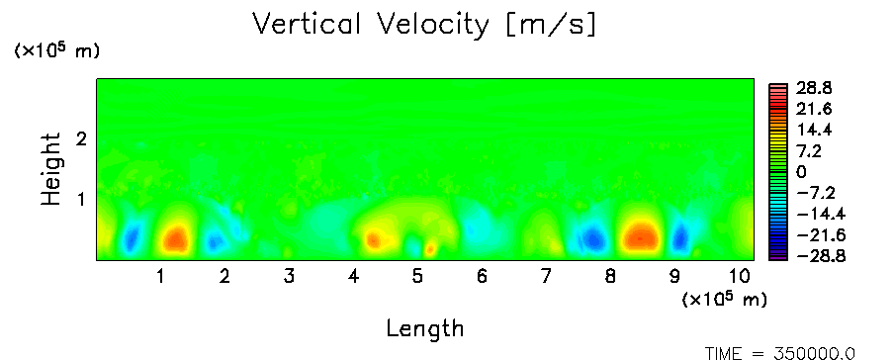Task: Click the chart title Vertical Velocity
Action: (371, 25)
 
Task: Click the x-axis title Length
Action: (425, 329)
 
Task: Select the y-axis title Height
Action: (51, 169)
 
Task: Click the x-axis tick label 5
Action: (418, 276)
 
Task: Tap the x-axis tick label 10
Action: (740, 276)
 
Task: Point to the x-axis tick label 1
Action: (161, 276)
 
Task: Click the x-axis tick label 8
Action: (610, 276)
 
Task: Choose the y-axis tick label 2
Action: (81, 138)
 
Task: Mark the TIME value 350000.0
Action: (814, 354)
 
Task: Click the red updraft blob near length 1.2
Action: (176, 239)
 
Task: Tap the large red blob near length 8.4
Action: (641, 235)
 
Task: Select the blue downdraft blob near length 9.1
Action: (679, 238)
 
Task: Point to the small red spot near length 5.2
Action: (430, 248)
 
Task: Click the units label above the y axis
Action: (56, 50)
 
